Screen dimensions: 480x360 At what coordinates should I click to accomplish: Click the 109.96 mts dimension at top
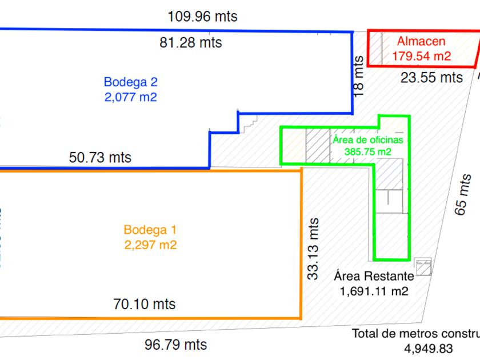pos(202,17)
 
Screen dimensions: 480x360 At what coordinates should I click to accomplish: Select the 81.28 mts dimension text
pos(190,43)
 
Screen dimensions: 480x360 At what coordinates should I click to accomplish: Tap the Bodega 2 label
pos(130,82)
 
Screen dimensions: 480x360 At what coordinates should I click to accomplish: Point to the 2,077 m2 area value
pos(130,97)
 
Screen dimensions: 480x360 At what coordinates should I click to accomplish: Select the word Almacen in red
pos(421,42)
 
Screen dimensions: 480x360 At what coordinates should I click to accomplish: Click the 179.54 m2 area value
pos(421,56)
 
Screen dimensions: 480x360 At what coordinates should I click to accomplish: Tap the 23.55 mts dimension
pos(431,77)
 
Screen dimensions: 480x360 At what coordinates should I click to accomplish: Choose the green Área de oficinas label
pos(367,139)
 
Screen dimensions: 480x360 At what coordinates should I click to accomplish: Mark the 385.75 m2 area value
pos(368,151)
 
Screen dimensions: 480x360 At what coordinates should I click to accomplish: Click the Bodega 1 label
pos(150,230)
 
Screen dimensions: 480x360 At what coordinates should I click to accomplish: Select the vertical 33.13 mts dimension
pos(313,248)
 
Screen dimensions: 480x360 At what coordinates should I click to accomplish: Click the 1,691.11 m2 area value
pos(374,291)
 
